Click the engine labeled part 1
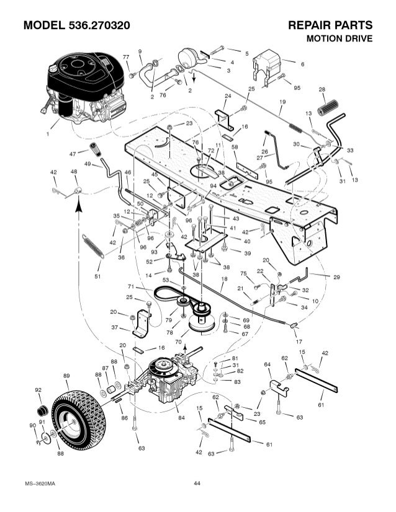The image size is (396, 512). [x=86, y=88]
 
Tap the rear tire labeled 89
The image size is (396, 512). [x=79, y=415]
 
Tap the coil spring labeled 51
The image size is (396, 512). [x=93, y=246]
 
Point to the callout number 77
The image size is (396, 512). [x=126, y=57]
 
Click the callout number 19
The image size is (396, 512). [x=282, y=102]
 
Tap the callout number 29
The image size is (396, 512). [x=336, y=277]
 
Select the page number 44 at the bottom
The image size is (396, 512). [x=197, y=483]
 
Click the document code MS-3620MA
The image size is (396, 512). [x=40, y=483]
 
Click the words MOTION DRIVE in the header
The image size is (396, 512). [x=340, y=38]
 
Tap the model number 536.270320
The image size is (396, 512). [x=99, y=25]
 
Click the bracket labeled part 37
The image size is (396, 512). [x=142, y=324]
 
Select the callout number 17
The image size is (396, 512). [x=299, y=342]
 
